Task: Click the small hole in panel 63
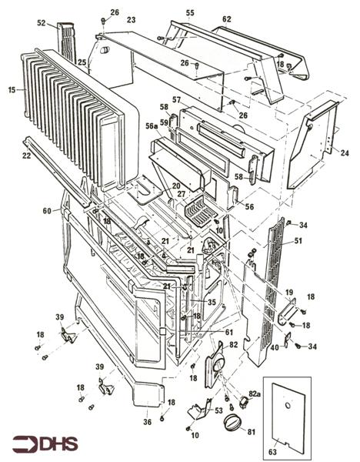coord(286,406)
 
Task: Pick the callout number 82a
coord(255,393)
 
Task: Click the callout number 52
coord(41,24)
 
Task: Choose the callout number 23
coord(131,19)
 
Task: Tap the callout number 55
coord(190,13)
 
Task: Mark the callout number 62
coord(226,18)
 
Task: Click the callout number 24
coord(344,152)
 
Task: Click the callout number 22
coord(26,156)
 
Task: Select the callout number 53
coord(218,411)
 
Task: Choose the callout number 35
coord(212,303)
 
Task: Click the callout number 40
coord(274,346)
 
